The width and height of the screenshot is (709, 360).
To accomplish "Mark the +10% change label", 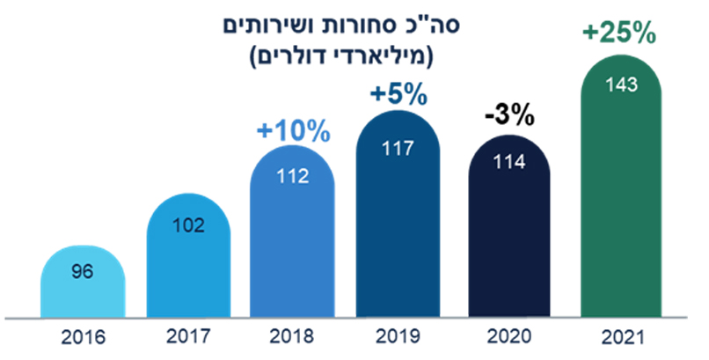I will coord(293,131).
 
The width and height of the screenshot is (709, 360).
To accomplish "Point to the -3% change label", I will coord(509,116).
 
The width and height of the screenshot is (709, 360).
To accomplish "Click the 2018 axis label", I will coord(293,337).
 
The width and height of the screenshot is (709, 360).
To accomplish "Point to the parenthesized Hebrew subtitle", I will coord(340,58).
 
